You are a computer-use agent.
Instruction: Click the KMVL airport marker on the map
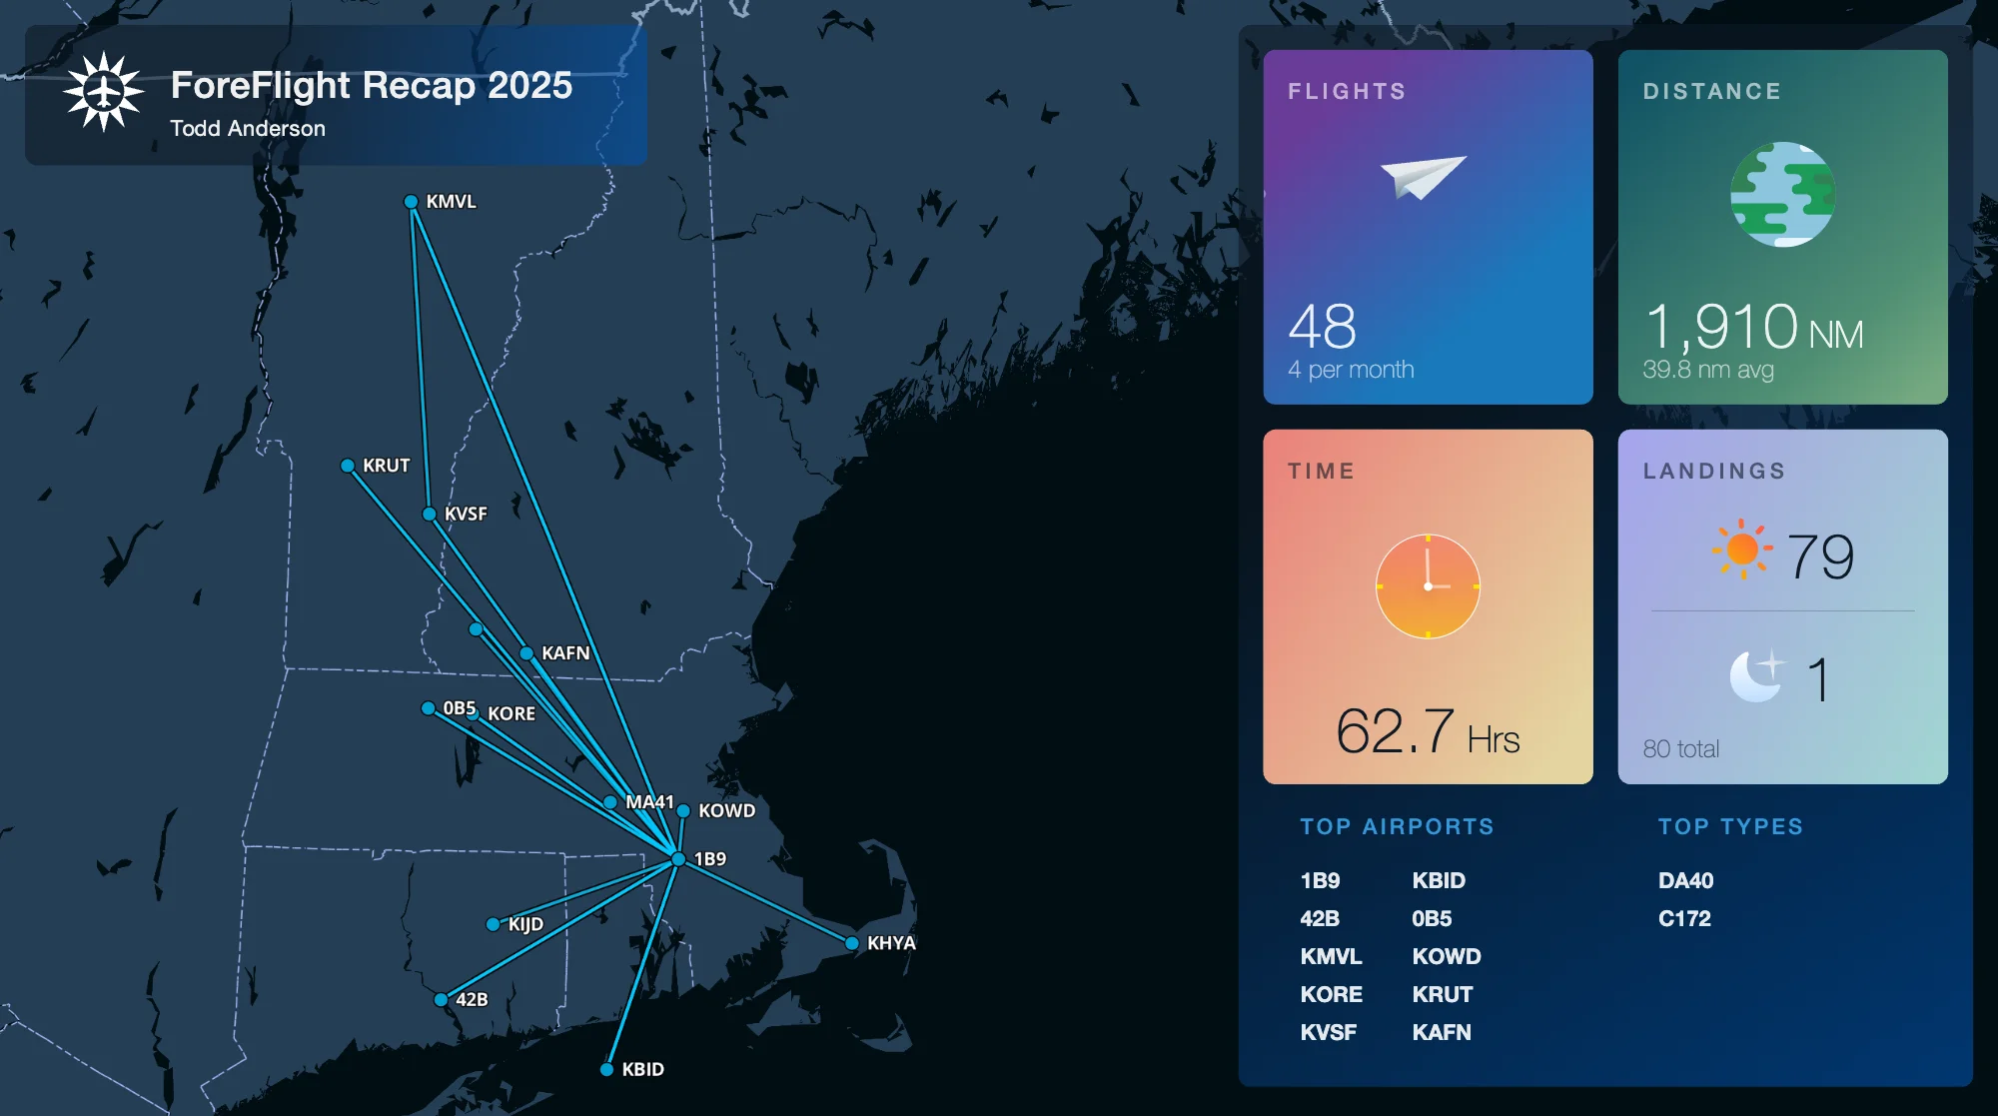click(x=411, y=202)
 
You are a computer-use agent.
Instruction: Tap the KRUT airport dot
click(x=348, y=466)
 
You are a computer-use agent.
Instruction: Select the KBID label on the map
click(x=642, y=1069)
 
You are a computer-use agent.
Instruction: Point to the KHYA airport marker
click(x=852, y=943)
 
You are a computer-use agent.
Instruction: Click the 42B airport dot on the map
click(x=442, y=999)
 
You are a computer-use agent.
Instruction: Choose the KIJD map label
click(x=525, y=924)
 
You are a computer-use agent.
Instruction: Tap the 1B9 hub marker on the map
click(x=678, y=859)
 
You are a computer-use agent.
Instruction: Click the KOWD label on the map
click(x=726, y=810)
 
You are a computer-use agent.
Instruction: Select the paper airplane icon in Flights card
click(x=1423, y=177)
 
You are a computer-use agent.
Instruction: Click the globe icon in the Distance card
click(x=1782, y=194)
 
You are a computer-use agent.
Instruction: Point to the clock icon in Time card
click(x=1428, y=586)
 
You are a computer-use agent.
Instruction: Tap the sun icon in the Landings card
click(x=1742, y=549)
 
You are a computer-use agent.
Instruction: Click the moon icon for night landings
click(x=1756, y=676)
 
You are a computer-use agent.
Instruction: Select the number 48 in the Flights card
click(x=1322, y=326)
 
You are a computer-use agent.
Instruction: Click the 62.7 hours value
click(x=1395, y=731)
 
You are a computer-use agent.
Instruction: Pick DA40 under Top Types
click(x=1685, y=880)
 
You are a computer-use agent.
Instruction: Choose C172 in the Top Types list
click(x=1684, y=918)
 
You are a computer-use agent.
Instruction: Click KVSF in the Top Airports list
click(x=1328, y=1032)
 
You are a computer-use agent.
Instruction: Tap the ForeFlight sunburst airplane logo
click(x=104, y=92)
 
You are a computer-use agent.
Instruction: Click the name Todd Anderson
click(x=248, y=129)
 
